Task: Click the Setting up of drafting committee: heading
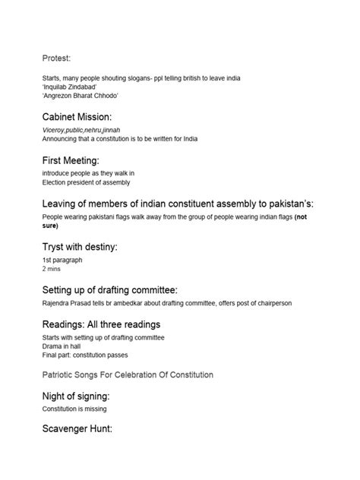(121, 291)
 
